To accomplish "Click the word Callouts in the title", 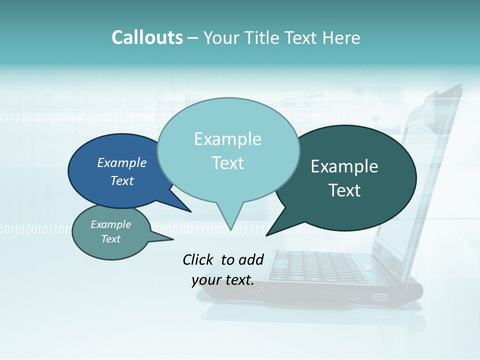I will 147,37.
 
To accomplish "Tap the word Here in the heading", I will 340,37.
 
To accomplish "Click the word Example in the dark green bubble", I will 344,166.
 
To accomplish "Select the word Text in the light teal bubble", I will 228,163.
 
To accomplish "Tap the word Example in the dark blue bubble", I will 122,162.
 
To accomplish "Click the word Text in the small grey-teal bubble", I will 111,239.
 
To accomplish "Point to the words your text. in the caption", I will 223,280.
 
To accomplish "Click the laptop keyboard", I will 320,265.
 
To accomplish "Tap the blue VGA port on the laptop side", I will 379,297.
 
